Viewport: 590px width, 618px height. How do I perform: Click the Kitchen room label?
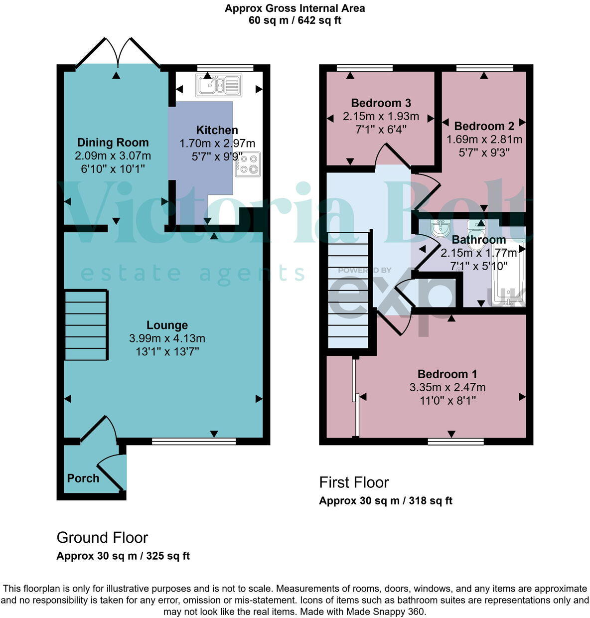click(x=217, y=130)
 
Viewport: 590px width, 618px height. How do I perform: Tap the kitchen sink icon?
click(x=219, y=85)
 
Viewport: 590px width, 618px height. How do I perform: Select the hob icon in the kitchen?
click(x=248, y=164)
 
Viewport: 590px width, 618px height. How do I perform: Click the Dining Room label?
click(x=113, y=143)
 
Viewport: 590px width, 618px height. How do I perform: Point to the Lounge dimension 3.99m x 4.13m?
click(x=167, y=338)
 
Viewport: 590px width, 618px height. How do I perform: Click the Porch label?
click(x=83, y=478)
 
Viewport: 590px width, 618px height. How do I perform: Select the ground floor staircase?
click(x=86, y=325)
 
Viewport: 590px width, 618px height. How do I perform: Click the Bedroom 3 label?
click(x=381, y=103)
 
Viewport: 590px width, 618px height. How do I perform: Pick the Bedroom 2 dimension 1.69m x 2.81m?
click(x=484, y=140)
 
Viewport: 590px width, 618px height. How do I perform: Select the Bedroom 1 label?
click(x=447, y=374)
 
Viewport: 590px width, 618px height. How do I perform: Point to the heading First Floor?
click(x=354, y=482)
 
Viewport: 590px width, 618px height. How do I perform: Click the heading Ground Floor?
click(x=102, y=537)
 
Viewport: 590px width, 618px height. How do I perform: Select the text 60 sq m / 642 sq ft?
click(x=295, y=20)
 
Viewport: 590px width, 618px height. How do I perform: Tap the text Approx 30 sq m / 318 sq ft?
click(x=385, y=501)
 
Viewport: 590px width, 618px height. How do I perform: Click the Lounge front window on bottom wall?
click(x=194, y=441)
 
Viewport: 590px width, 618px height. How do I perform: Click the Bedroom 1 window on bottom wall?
click(x=455, y=441)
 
